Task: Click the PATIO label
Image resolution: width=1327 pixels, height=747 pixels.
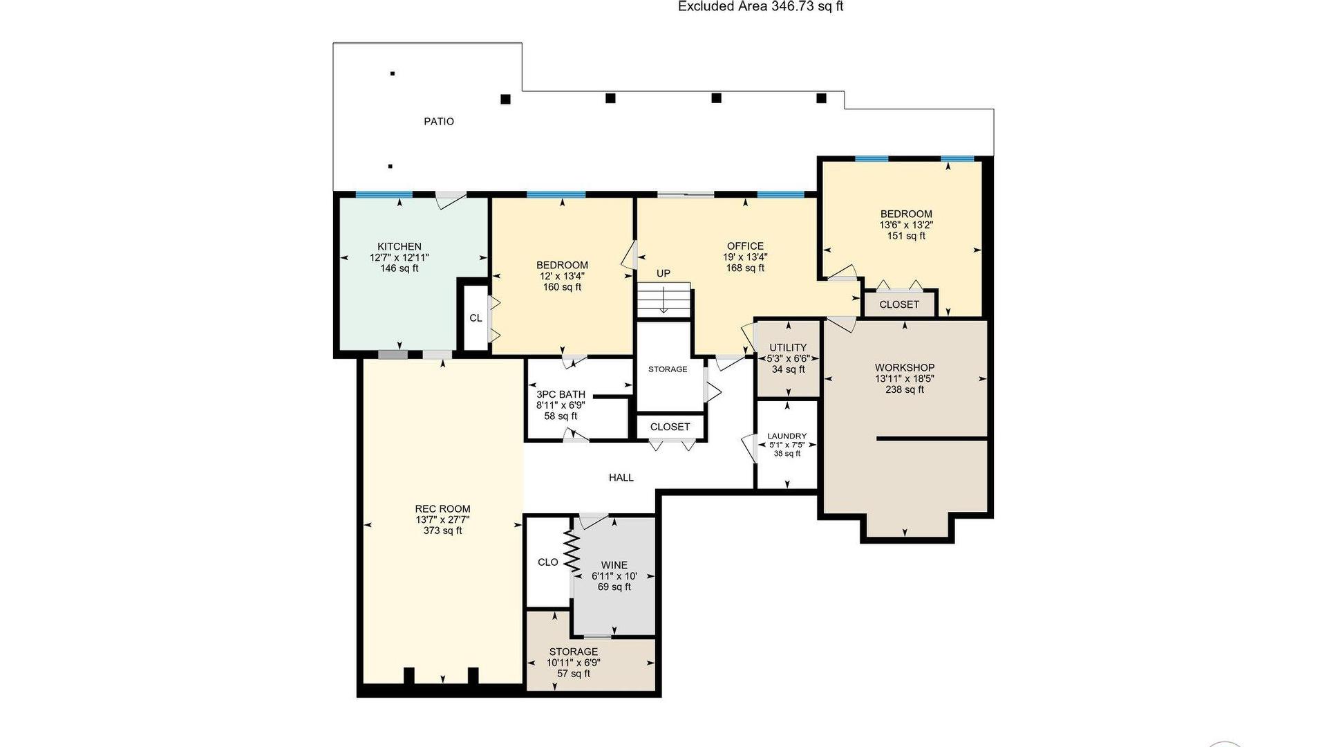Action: [439, 122]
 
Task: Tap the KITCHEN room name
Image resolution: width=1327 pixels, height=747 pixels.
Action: [399, 247]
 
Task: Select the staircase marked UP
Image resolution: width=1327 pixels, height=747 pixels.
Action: [663, 299]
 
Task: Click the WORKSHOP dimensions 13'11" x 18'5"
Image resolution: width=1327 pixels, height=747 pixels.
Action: [905, 379]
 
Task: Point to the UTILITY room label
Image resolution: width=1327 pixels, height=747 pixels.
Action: [788, 348]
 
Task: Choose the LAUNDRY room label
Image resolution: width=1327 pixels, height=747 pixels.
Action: [787, 436]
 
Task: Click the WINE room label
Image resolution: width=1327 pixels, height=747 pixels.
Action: [614, 565]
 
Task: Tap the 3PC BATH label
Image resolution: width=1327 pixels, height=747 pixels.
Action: [561, 395]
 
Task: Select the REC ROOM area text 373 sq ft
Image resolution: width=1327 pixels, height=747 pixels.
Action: [443, 531]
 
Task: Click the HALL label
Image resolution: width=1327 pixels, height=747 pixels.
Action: [621, 478]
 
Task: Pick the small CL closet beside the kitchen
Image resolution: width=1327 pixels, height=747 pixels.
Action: [476, 318]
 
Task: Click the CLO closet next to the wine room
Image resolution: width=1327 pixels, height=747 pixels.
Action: [548, 562]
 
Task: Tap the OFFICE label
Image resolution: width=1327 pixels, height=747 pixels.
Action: [746, 246]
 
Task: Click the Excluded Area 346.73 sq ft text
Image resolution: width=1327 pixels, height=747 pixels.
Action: [761, 7]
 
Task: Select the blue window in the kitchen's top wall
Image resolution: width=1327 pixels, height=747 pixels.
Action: [384, 194]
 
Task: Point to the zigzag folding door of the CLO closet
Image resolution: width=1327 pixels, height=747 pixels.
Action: [572, 551]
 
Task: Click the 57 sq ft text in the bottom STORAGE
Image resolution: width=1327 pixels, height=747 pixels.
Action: [574, 674]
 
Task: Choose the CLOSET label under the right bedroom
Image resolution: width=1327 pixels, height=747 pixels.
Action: [899, 304]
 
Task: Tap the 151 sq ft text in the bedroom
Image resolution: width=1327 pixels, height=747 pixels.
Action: [906, 236]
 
